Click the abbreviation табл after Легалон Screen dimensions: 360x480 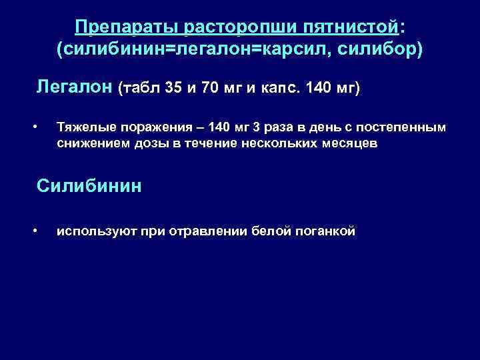(x=139, y=88)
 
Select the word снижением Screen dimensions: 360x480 (x=87, y=143)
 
